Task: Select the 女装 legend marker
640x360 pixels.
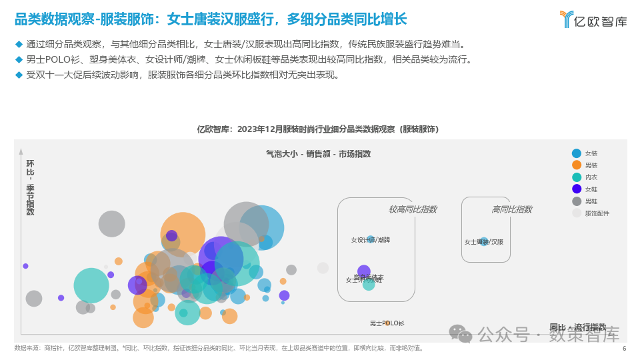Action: click(x=577, y=153)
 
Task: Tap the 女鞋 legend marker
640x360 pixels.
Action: click(x=577, y=189)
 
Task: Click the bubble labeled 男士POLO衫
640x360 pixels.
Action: click(x=387, y=323)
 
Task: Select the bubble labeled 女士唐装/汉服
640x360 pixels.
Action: click(x=484, y=241)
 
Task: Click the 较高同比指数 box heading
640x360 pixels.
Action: click(x=413, y=209)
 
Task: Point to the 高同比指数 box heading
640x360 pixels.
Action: click(x=511, y=209)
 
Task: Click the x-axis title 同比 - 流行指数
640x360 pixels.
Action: click(x=577, y=327)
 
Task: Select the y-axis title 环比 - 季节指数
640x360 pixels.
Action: click(x=30, y=187)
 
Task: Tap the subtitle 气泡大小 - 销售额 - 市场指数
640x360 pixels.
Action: click(x=318, y=154)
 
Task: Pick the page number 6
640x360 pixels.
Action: click(x=624, y=348)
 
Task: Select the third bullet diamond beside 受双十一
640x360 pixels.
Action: click(x=19, y=75)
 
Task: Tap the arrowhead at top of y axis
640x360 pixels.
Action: click(x=21, y=152)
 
